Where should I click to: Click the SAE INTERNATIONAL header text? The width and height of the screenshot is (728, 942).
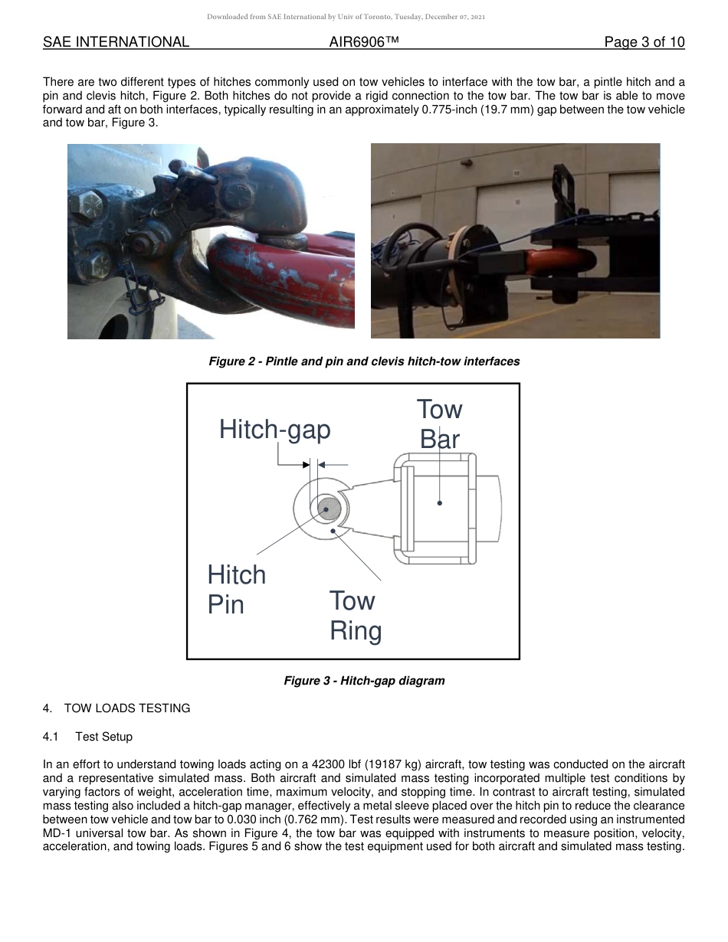(x=116, y=42)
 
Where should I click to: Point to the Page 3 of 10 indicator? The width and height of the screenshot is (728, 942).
(x=644, y=42)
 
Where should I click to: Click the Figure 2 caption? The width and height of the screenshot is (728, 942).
(x=364, y=361)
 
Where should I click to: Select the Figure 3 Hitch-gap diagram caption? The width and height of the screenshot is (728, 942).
(x=364, y=681)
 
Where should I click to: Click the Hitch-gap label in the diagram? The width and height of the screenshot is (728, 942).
(x=274, y=430)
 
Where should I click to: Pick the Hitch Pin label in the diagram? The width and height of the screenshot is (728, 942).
(x=236, y=590)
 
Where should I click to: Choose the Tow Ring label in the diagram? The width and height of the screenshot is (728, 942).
(x=356, y=616)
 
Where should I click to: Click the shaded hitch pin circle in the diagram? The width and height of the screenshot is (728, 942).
(x=329, y=508)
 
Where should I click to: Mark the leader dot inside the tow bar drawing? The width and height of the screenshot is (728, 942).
(x=440, y=503)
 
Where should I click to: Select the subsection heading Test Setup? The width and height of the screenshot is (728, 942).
(x=103, y=737)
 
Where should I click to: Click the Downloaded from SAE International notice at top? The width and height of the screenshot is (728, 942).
(x=346, y=16)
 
